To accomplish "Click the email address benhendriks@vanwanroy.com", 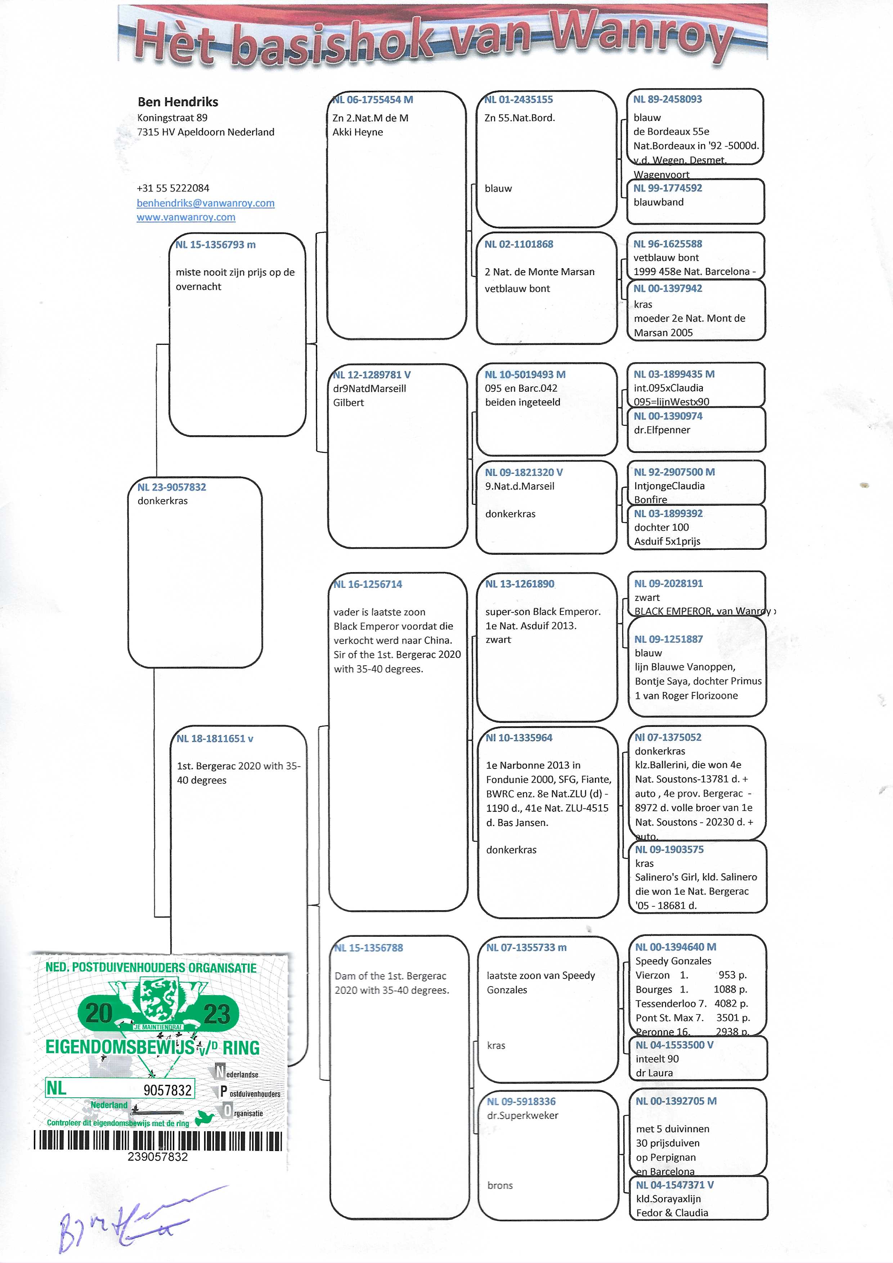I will point(205,203).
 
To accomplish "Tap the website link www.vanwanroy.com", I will point(186,217).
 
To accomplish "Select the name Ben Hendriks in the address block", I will point(178,102).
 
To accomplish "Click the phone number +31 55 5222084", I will point(173,188).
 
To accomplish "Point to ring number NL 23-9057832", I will point(172,487).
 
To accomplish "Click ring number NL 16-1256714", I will point(368,584).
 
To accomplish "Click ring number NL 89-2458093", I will point(668,99).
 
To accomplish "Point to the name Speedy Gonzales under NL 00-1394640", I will point(673,961).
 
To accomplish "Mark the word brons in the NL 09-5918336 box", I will point(499,1186).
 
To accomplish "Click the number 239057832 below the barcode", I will point(158,1157).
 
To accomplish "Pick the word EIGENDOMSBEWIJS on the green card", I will point(120,1047).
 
